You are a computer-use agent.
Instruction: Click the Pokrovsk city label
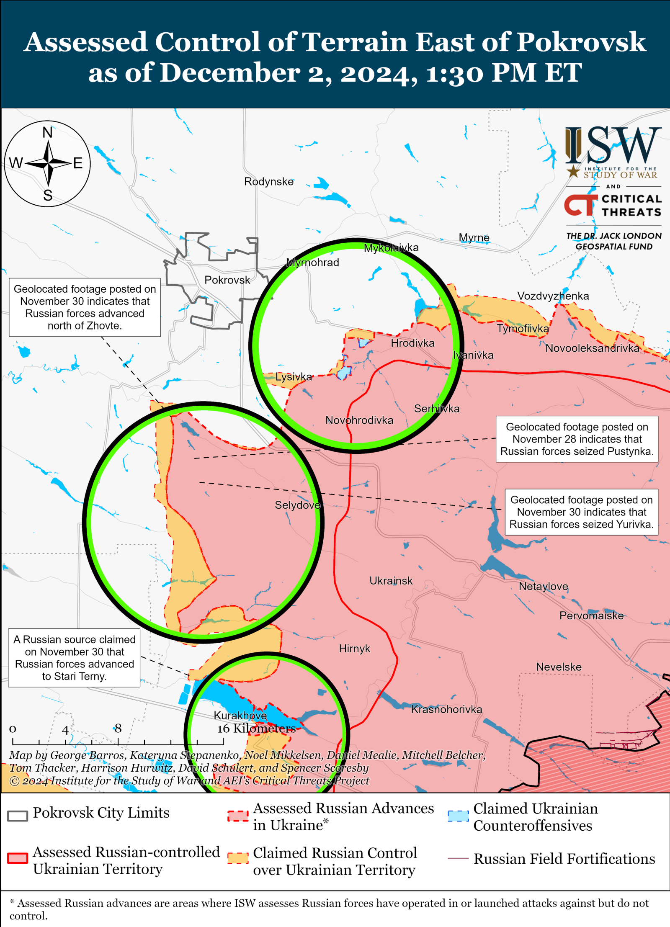[227, 280]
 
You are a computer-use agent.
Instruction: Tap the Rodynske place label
[269, 182]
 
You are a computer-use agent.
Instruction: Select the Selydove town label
[297, 505]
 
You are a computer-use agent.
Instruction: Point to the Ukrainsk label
[391, 581]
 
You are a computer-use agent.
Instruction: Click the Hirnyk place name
[354, 649]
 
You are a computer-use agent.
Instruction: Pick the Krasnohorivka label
[446, 709]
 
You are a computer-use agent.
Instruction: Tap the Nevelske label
[559, 667]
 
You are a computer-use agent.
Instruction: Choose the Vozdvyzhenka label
[553, 296]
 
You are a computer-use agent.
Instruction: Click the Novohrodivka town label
[359, 420]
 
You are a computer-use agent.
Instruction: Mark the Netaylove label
[543, 586]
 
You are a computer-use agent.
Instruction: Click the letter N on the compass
[48, 133]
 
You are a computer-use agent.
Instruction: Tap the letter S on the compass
[48, 196]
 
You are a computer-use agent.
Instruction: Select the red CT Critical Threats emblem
[580, 205]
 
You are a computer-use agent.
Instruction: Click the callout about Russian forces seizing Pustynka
[577, 439]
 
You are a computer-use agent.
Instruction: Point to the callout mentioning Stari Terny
[74, 658]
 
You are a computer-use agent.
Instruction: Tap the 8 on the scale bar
[118, 729]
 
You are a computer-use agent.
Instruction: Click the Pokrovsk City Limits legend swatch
[18, 816]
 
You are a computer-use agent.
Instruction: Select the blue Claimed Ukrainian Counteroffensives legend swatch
[458, 816]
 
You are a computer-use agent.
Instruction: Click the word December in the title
[230, 73]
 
